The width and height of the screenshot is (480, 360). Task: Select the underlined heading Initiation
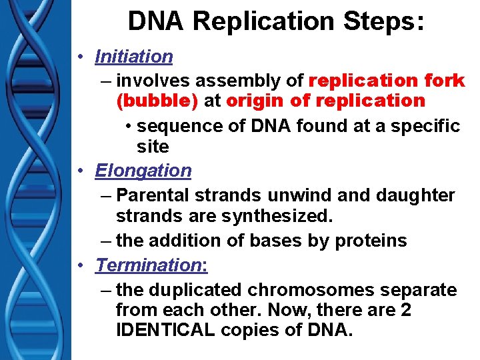(x=134, y=57)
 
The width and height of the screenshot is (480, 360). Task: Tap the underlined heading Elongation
(x=143, y=171)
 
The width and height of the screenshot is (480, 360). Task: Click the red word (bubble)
(x=157, y=101)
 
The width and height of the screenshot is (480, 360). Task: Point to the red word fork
(x=443, y=81)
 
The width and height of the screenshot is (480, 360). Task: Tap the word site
(x=153, y=146)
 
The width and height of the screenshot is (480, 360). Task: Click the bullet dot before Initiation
(x=79, y=57)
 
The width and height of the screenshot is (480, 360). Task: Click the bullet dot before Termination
(x=79, y=265)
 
